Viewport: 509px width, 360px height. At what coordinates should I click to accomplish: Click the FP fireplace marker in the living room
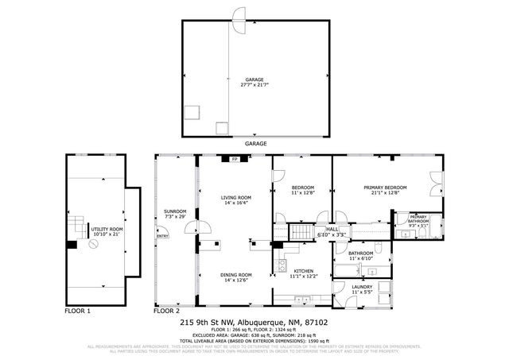[235, 159]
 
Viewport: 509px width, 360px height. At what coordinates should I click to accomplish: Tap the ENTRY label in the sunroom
[163, 236]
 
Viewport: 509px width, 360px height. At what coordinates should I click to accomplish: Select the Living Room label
[235, 197]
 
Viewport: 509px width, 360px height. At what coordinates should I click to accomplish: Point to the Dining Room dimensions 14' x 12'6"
[235, 280]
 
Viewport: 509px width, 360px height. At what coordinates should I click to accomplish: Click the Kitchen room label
[304, 271]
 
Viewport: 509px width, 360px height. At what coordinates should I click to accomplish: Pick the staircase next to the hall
[301, 233]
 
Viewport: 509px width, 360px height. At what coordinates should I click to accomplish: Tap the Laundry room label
[362, 287]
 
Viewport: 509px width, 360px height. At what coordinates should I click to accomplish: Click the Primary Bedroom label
[385, 188]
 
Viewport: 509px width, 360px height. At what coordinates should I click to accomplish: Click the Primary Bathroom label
[418, 219]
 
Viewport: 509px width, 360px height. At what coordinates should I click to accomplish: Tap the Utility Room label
[105, 230]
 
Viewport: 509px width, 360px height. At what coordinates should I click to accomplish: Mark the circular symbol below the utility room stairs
[95, 246]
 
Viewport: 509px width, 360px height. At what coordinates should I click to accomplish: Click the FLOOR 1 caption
[77, 311]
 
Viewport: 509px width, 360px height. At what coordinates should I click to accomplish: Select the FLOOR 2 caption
[166, 311]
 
